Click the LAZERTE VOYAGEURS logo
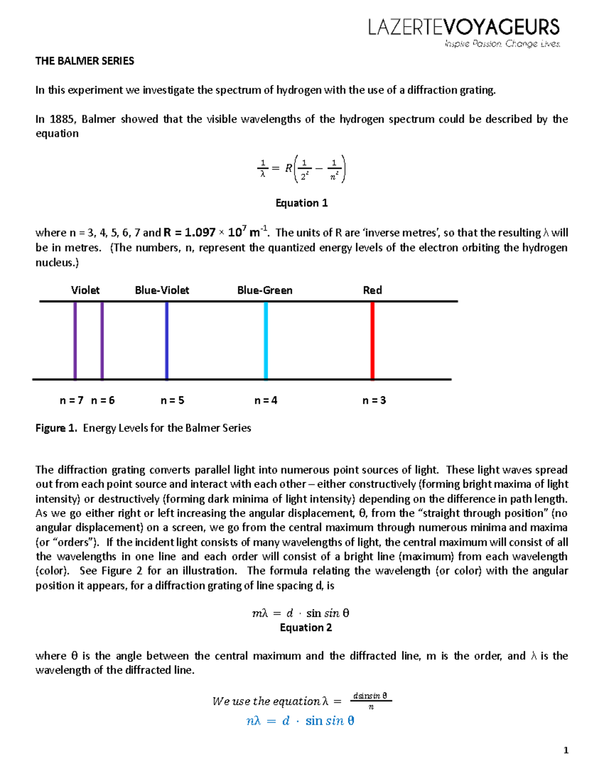464,27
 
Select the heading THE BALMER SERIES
85,61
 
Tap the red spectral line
372,340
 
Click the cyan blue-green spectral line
266,340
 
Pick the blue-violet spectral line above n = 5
167,340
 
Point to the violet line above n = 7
75,340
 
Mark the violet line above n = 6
102,340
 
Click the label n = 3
374,400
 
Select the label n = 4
266,400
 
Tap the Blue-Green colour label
265,290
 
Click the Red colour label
372,290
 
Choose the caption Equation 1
301,203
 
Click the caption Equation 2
306,628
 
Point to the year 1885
62,119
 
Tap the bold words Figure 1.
56,428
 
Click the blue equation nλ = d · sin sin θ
300,721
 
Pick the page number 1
566,750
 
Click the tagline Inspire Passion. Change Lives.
502,44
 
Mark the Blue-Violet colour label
162,290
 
